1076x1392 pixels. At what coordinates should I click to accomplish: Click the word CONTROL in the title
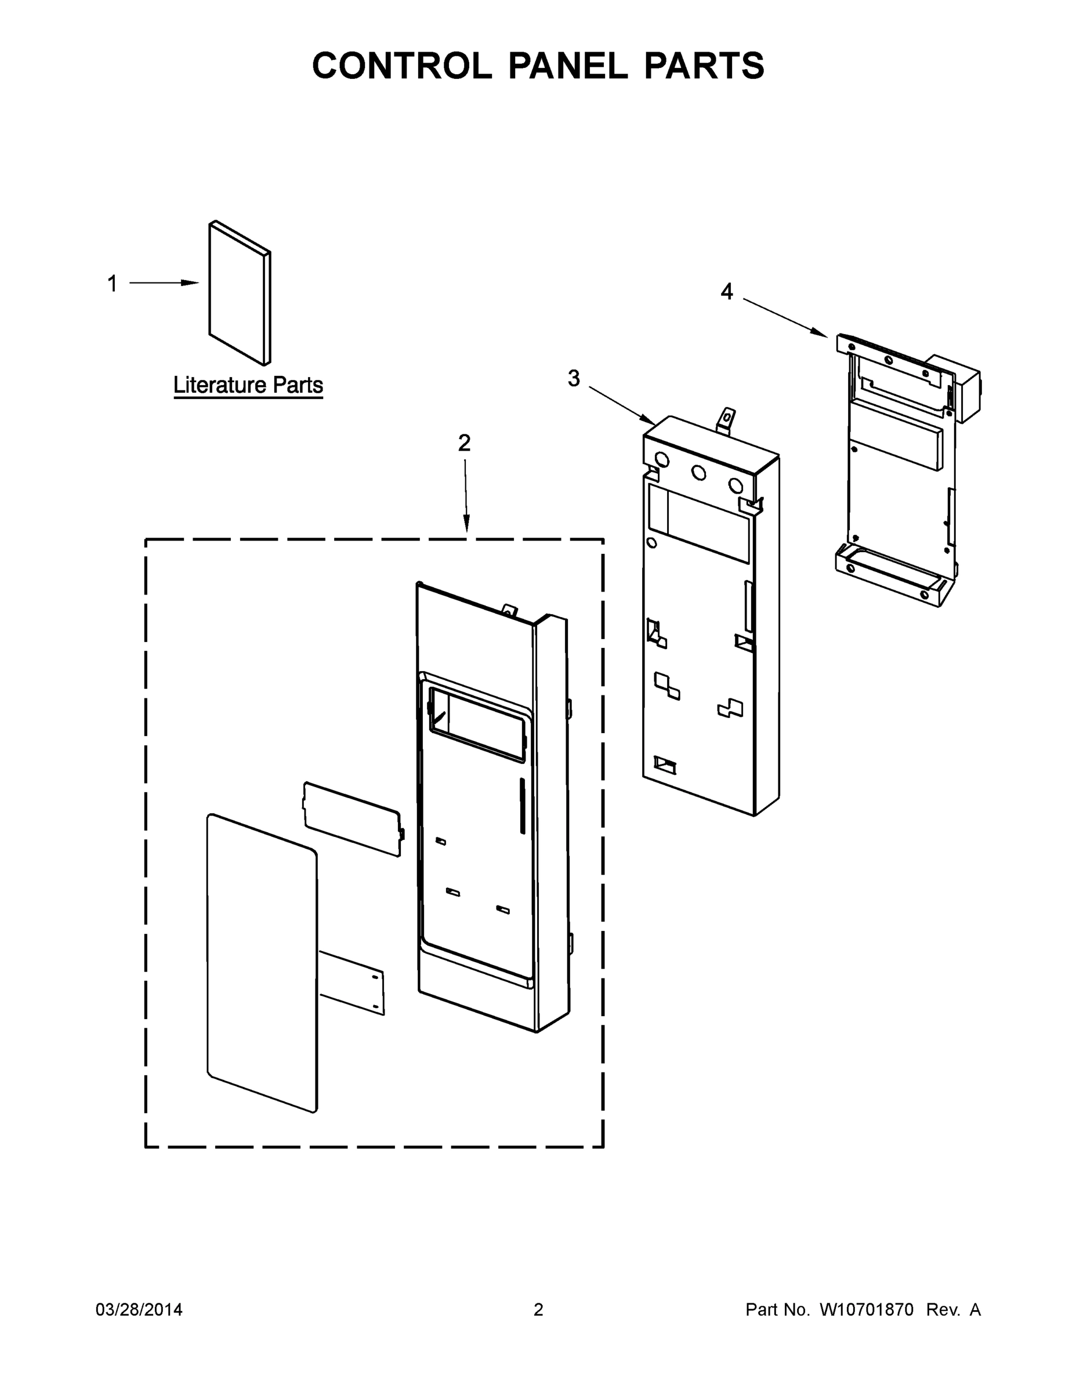pyautogui.click(x=401, y=66)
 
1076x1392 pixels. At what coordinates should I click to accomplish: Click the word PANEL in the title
pyautogui.click(x=567, y=66)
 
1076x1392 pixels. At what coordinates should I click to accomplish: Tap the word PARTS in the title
pyautogui.click(x=704, y=66)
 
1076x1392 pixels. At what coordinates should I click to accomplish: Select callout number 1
pyautogui.click(x=112, y=284)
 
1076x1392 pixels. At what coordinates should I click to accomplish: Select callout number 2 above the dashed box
pyautogui.click(x=464, y=443)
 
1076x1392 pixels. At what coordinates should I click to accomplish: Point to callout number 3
pyautogui.click(x=574, y=378)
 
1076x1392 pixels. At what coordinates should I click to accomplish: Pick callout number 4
pyautogui.click(x=727, y=292)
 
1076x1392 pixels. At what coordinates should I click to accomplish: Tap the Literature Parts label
pyautogui.click(x=248, y=385)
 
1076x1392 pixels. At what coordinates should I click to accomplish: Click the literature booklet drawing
pyautogui.click(x=237, y=293)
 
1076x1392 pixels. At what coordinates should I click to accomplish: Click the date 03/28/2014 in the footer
pyautogui.click(x=139, y=1309)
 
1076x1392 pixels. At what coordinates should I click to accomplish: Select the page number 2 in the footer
pyautogui.click(x=538, y=1309)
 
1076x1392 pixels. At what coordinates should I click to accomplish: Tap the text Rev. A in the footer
pyautogui.click(x=953, y=1309)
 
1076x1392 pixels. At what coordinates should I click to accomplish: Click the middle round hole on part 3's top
pyautogui.click(x=698, y=473)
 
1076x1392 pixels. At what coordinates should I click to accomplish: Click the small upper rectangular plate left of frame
pyautogui.click(x=353, y=819)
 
